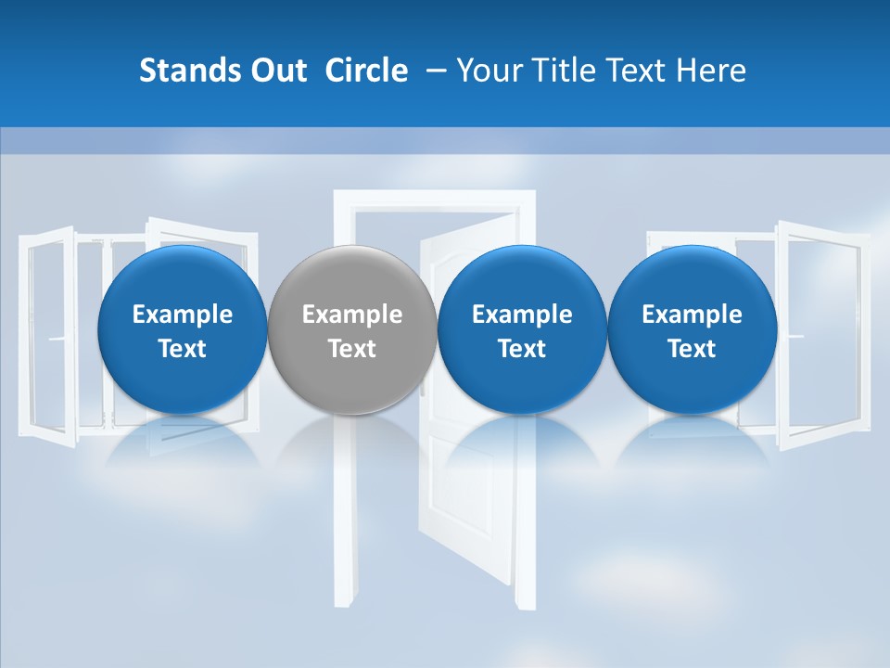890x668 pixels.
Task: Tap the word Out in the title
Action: pyautogui.click(x=276, y=71)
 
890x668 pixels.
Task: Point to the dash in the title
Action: pyautogui.click(x=433, y=71)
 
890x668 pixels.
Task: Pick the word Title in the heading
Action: pyautogui.click(x=561, y=71)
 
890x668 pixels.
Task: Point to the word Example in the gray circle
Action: pyautogui.click(x=352, y=315)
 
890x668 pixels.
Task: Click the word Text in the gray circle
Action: pyautogui.click(x=352, y=349)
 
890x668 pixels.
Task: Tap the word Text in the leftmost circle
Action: pyautogui.click(x=182, y=349)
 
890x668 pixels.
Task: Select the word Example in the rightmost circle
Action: pyautogui.click(x=692, y=315)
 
